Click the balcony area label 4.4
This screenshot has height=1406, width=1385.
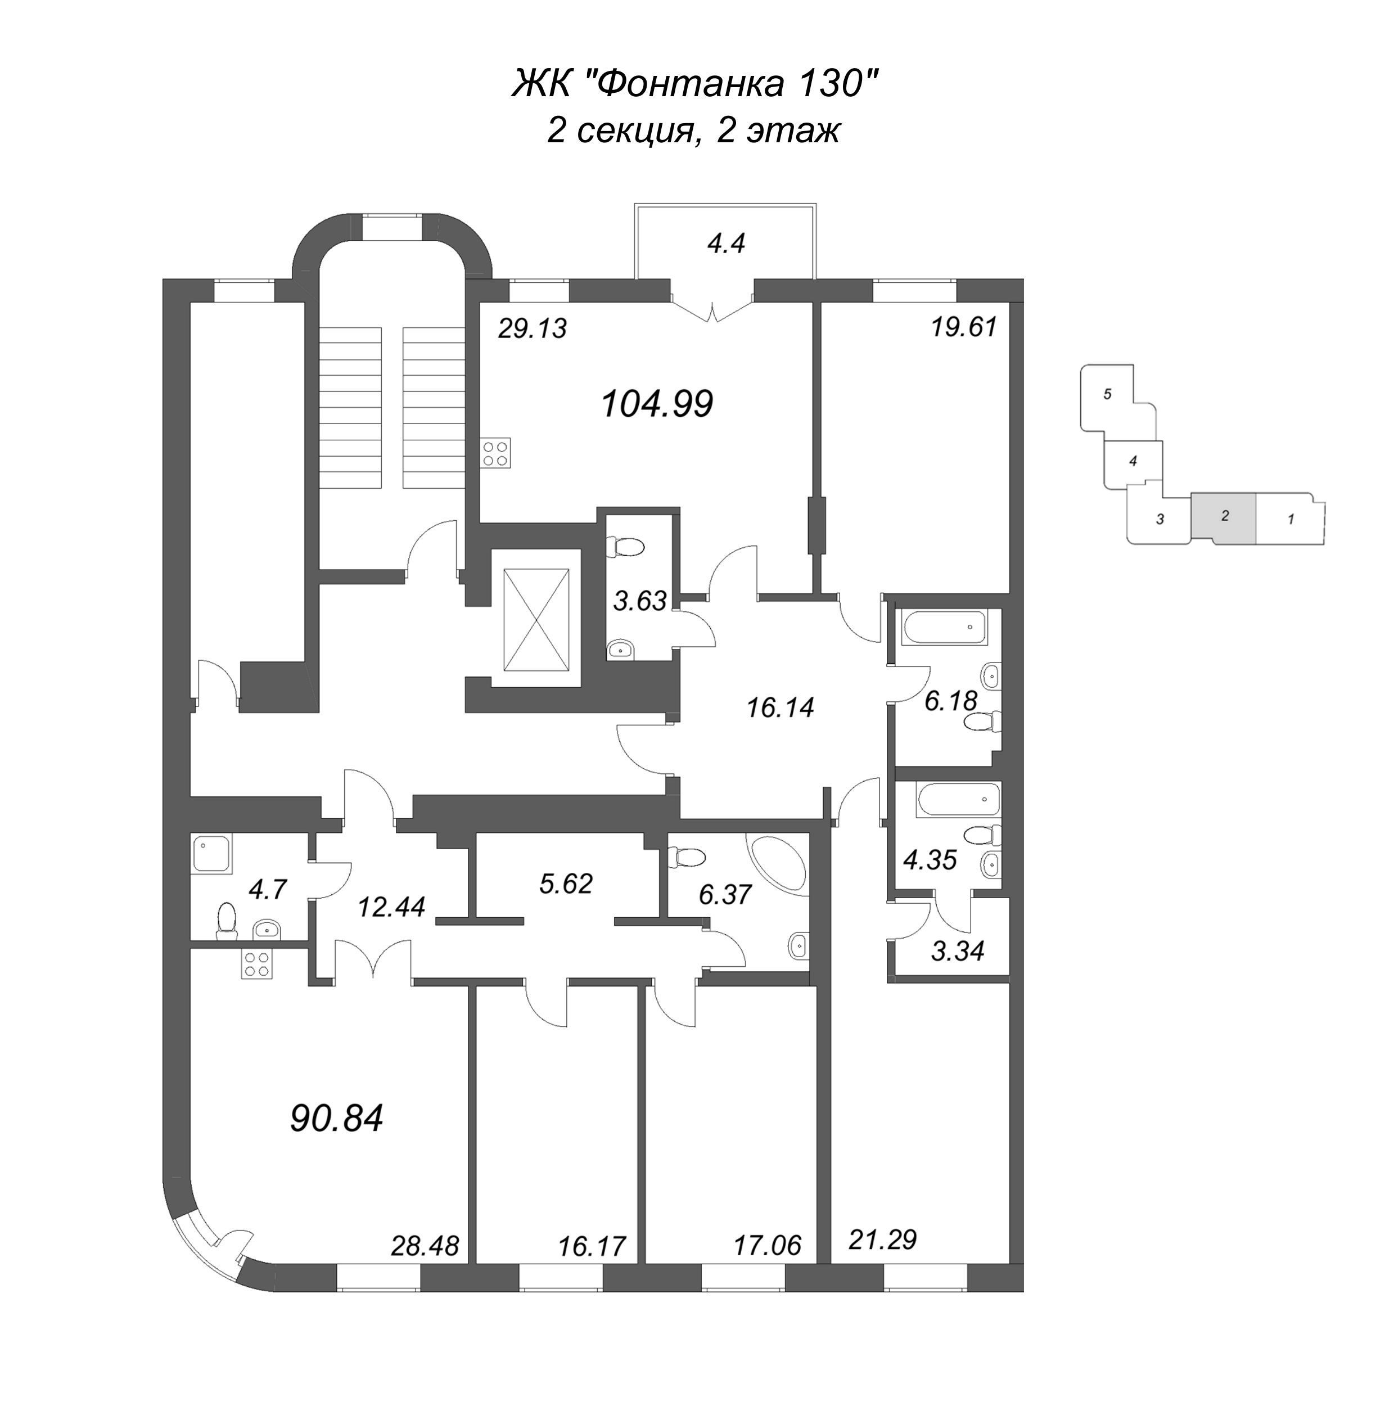pyautogui.click(x=726, y=244)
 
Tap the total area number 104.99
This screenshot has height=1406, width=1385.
pyautogui.click(x=657, y=404)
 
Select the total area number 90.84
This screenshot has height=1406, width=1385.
pyautogui.click(x=336, y=1119)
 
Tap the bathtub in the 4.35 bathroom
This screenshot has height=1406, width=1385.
pyautogui.click(x=959, y=799)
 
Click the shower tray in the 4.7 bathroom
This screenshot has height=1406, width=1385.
pyautogui.click(x=211, y=854)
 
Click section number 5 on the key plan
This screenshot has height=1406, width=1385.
pyautogui.click(x=1107, y=394)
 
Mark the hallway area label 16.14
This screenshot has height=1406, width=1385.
pyautogui.click(x=781, y=707)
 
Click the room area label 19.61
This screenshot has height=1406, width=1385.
pyautogui.click(x=964, y=327)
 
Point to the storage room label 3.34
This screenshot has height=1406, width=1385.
pyautogui.click(x=957, y=950)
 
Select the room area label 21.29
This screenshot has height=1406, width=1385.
pyautogui.click(x=882, y=1240)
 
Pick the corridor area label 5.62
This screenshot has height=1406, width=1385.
pyautogui.click(x=565, y=883)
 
